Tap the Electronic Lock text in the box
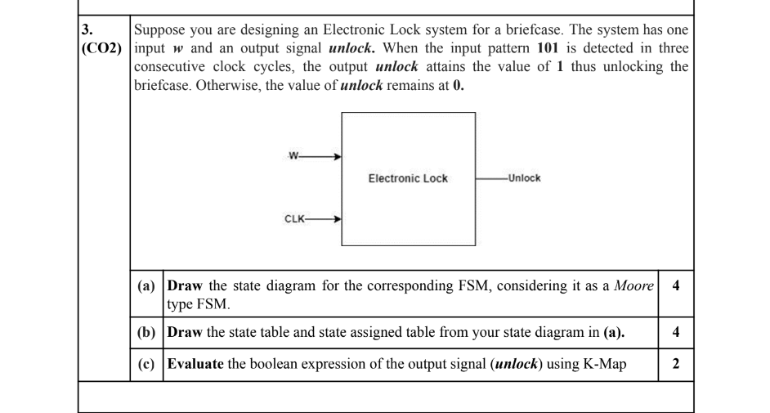point(406,178)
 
